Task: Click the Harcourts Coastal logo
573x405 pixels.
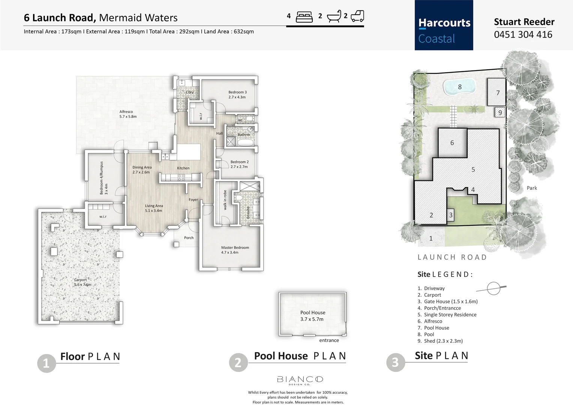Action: pyautogui.click(x=444, y=25)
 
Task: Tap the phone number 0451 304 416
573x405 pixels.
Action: pyautogui.click(x=523, y=34)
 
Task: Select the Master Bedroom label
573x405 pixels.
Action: pyautogui.click(x=235, y=250)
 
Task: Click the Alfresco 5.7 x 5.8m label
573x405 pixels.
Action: pyautogui.click(x=127, y=114)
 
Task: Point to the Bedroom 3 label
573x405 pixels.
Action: pyautogui.click(x=237, y=94)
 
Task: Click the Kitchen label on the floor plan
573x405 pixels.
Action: pyautogui.click(x=183, y=168)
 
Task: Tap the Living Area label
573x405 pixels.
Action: pyautogui.click(x=154, y=208)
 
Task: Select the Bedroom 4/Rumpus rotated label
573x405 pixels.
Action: pyautogui.click(x=103, y=178)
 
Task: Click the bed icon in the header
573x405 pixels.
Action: pyautogui.click(x=304, y=17)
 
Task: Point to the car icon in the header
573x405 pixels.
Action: pyautogui.click(x=357, y=16)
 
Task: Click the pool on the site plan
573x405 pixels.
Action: pyautogui.click(x=459, y=87)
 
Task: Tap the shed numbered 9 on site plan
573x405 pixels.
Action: pyautogui.click(x=499, y=112)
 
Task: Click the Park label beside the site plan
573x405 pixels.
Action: pyautogui.click(x=531, y=188)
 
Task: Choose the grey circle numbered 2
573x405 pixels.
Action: pyautogui.click(x=238, y=363)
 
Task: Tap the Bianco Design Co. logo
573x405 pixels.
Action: pyautogui.click(x=300, y=380)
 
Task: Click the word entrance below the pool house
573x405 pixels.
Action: pyautogui.click(x=329, y=340)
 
